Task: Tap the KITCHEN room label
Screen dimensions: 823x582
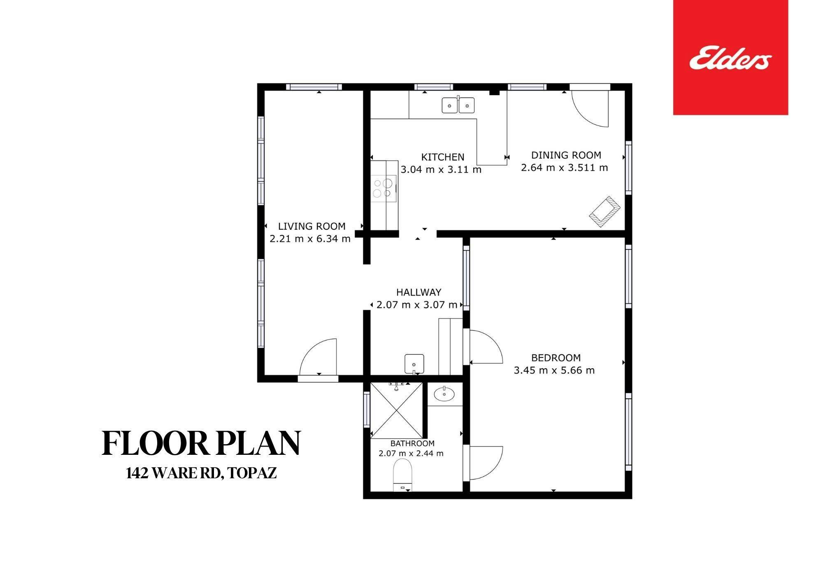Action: coord(443,157)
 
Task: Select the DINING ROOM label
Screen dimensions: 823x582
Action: coord(566,155)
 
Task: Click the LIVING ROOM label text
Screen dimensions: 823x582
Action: coord(312,226)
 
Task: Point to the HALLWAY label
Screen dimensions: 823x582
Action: coord(418,292)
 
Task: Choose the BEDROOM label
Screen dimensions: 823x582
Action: coord(556,358)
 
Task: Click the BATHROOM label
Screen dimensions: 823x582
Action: coord(412,443)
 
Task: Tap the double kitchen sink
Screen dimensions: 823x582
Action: coord(458,105)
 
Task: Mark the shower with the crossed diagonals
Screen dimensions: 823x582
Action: coord(397,410)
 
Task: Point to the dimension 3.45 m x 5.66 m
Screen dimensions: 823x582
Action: coord(554,370)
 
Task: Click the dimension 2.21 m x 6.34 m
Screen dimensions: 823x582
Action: coord(310,238)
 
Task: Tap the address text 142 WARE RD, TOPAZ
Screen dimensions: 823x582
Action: coord(201,474)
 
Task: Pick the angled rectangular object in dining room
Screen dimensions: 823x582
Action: coord(605,212)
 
